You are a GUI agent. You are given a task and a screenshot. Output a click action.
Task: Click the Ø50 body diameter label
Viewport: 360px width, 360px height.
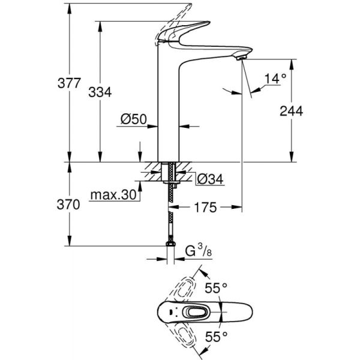tap(134, 119)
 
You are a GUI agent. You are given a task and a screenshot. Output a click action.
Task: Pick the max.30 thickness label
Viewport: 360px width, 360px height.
tap(113, 195)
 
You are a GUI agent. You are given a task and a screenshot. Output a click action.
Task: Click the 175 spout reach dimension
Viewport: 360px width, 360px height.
tap(205, 208)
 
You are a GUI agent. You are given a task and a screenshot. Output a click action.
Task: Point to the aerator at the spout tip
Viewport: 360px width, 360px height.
tap(242, 56)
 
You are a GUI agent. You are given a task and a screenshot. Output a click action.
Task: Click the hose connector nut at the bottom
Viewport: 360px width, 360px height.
tap(170, 244)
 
